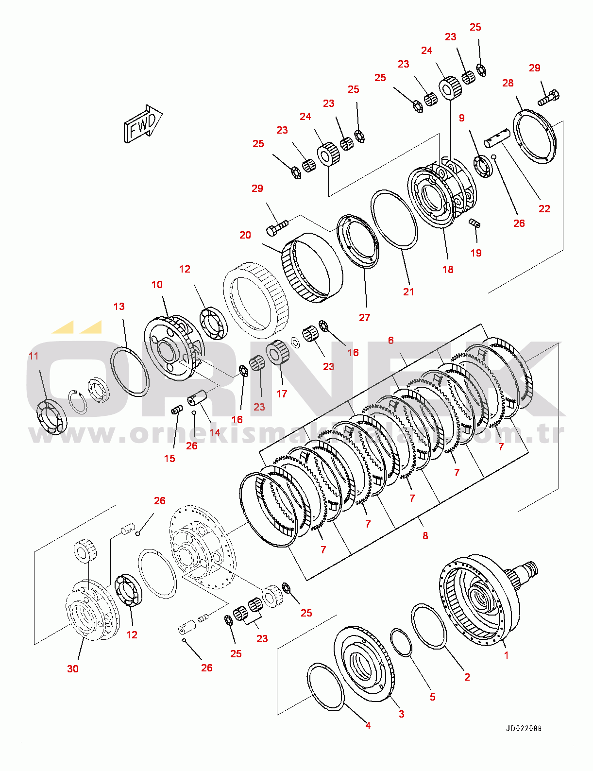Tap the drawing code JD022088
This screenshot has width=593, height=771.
(524, 728)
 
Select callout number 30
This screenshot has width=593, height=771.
(73, 668)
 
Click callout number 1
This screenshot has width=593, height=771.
(506, 655)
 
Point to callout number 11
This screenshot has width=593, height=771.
(34, 356)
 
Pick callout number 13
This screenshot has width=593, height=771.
(119, 307)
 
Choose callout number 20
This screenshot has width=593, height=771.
(245, 235)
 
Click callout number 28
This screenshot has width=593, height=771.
(508, 83)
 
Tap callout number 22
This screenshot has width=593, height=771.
(544, 209)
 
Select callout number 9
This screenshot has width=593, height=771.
(461, 118)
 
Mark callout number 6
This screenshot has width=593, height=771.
(391, 341)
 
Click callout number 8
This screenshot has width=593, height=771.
(425, 536)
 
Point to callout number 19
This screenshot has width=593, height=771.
(476, 253)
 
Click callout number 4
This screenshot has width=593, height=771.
(368, 725)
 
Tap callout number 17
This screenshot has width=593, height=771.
(282, 394)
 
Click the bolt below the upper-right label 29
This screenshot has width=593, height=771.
(548, 97)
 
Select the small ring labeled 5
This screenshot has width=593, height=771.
(401, 642)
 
